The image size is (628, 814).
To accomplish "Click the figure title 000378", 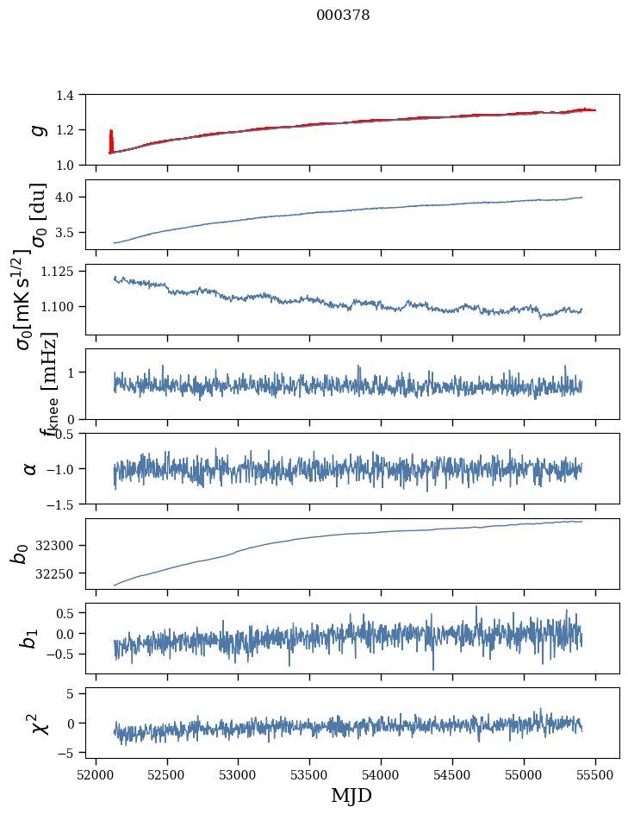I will (343, 16).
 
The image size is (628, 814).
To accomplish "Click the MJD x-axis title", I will (351, 795).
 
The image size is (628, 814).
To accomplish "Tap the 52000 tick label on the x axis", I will (96, 773).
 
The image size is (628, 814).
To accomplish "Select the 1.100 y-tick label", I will (66, 307).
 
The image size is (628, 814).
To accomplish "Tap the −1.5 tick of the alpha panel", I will (66, 504).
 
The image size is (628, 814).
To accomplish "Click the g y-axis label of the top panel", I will (36, 130).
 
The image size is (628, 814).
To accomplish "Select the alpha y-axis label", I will (31, 468).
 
